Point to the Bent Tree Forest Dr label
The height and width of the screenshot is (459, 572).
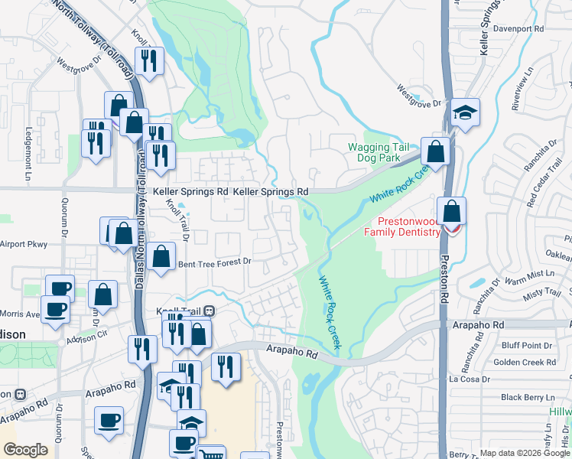click(x=214, y=262)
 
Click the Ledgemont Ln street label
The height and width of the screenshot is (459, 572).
click(x=29, y=148)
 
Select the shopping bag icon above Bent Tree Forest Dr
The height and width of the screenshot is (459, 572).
click(x=161, y=257)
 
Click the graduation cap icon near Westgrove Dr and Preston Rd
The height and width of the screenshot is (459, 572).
click(x=465, y=112)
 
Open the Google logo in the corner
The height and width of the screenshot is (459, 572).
click(x=25, y=450)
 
